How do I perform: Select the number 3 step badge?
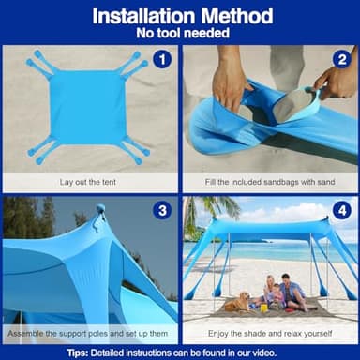tap(162, 210)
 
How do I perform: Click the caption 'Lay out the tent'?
tap(89, 181)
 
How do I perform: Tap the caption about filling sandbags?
tap(270, 181)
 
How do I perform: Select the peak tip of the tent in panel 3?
tap(100, 209)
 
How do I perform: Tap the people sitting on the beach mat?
tap(282, 292)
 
